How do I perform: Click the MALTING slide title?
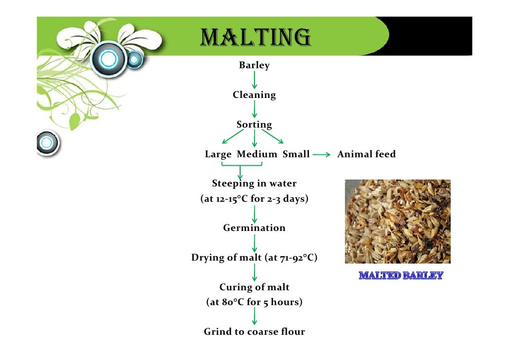pyautogui.click(x=255, y=37)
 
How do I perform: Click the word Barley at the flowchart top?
pyautogui.click(x=254, y=65)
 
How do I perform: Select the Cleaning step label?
pyautogui.click(x=254, y=95)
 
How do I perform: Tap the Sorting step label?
pyautogui.click(x=254, y=125)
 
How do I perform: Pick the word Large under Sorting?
pyautogui.click(x=218, y=154)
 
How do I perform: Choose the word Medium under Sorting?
pyautogui.click(x=256, y=154)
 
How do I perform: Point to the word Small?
pyautogui.click(x=296, y=154)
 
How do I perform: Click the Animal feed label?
pyautogui.click(x=366, y=154)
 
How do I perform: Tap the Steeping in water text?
pyautogui.click(x=254, y=183)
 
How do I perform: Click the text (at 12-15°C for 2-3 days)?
pyautogui.click(x=254, y=199)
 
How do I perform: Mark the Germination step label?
pyautogui.click(x=254, y=228)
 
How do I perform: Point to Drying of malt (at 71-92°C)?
pyautogui.click(x=254, y=258)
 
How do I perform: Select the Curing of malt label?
pyautogui.click(x=254, y=287)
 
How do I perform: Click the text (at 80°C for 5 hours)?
pyautogui.click(x=254, y=302)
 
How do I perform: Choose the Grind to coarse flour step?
pyautogui.click(x=254, y=332)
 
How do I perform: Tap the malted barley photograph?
pyautogui.click(x=397, y=221)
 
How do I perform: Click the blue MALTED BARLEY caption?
pyautogui.click(x=400, y=275)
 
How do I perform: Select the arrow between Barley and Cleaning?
pyautogui.click(x=254, y=80)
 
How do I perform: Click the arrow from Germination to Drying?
pyautogui.click(x=254, y=243)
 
